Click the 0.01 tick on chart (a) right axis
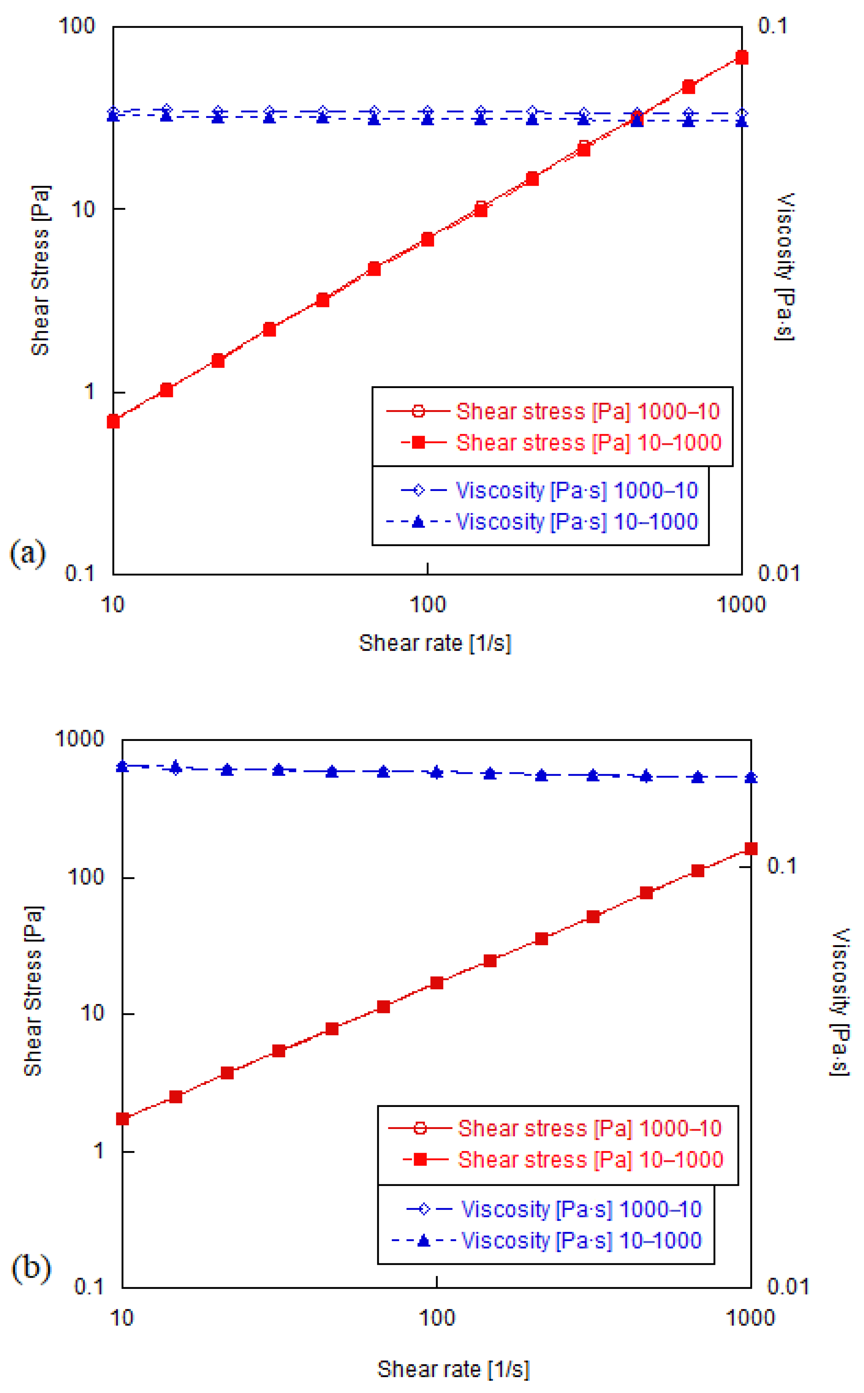pos(778,573)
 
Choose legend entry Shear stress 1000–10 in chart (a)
pos(588,411)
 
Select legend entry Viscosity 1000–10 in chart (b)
pos(581,1209)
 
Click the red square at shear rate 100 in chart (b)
pos(437,982)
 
